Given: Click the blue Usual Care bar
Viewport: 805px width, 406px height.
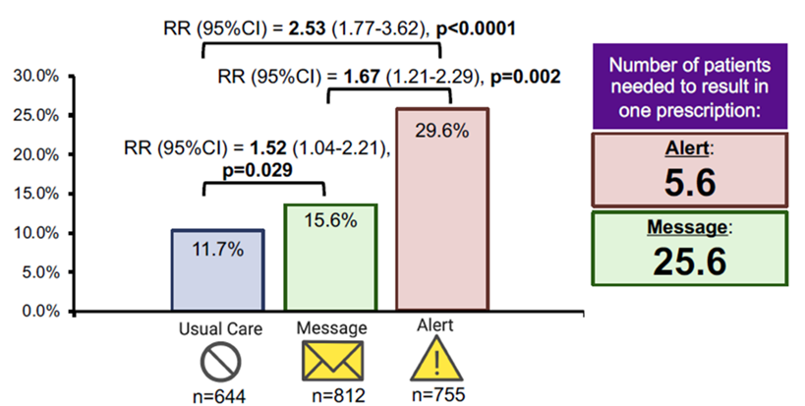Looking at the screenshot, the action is click(x=217, y=270).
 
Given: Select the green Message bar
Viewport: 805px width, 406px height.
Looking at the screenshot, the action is click(x=330, y=258).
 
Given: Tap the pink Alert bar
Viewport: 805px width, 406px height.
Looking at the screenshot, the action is click(x=442, y=209).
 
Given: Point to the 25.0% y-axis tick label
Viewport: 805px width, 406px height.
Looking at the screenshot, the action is click(x=36, y=115).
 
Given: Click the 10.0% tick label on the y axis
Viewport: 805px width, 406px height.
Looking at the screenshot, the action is click(x=36, y=233).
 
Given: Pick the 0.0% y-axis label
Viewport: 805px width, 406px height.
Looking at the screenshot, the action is click(x=40, y=312).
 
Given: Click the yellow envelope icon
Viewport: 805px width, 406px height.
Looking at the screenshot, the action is click(x=331, y=361).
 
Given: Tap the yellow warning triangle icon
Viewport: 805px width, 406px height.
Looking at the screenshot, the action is click(x=436, y=359).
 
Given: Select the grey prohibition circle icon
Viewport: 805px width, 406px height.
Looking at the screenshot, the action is click(x=220, y=362).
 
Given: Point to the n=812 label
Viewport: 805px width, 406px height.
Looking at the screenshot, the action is click(x=339, y=396).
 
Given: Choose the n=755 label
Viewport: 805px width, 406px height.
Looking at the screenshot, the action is click(x=438, y=394).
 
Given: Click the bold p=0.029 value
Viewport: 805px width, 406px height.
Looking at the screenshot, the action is click(x=257, y=170).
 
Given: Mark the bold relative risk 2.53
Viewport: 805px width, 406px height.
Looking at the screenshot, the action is click(x=307, y=29).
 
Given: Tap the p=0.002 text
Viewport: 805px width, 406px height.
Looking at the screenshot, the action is click(x=526, y=77).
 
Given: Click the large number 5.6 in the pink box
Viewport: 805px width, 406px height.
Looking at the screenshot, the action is click(x=690, y=182).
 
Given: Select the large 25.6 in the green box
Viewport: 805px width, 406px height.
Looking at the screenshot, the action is click(x=690, y=261).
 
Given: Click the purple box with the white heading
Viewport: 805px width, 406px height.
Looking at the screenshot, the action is click(x=690, y=87).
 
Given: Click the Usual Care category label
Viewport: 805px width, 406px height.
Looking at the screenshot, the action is click(x=220, y=329).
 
